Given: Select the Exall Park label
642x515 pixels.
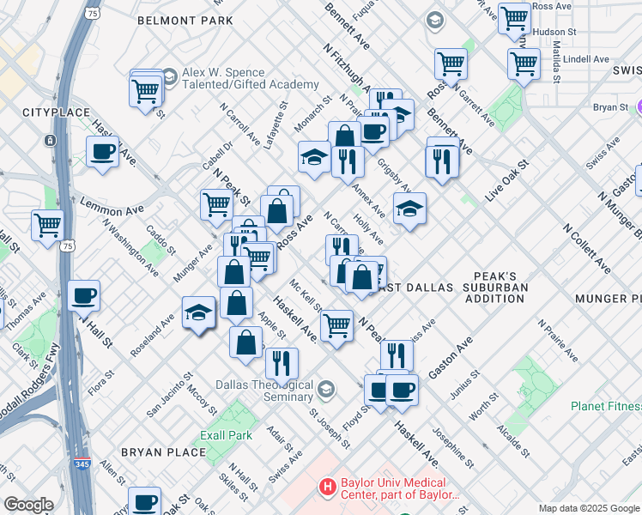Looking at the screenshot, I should (x=226, y=435).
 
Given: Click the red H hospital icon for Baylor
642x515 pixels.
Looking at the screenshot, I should (x=326, y=488).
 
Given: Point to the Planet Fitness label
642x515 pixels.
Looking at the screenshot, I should (x=606, y=406).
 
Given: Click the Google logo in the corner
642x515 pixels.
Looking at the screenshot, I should (x=29, y=505).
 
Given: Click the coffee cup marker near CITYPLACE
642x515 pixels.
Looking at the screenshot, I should (x=102, y=153).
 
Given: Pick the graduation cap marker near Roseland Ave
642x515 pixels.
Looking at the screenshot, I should (x=198, y=313).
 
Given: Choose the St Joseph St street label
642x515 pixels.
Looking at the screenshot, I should (x=330, y=427).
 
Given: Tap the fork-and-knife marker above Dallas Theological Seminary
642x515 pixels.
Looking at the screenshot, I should (x=282, y=364).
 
